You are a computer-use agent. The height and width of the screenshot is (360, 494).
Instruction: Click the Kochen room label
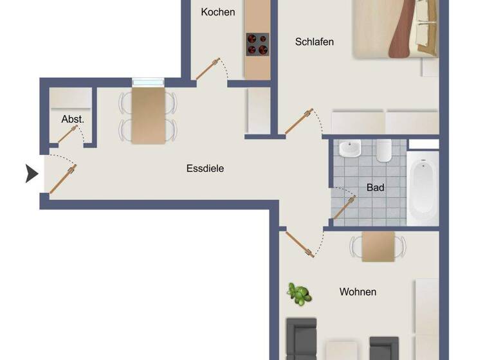click(217, 12)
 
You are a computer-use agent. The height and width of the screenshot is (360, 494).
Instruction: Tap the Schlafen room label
click(314, 42)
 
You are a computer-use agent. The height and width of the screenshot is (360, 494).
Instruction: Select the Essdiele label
click(205, 169)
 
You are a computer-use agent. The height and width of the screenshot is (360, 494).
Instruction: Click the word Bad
click(375, 188)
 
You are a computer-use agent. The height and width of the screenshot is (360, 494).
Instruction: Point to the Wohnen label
click(358, 292)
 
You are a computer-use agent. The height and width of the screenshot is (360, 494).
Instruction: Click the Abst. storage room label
click(72, 120)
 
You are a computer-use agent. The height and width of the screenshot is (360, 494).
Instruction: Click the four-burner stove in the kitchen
click(257, 44)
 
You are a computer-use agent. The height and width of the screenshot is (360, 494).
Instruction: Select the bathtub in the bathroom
click(423, 188)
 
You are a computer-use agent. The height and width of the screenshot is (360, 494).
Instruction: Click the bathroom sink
click(350, 150)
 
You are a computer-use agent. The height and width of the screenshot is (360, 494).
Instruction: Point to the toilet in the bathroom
click(384, 151)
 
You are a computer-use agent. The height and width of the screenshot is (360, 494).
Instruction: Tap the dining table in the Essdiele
click(148, 116)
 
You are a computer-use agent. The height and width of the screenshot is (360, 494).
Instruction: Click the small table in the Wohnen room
click(378, 246)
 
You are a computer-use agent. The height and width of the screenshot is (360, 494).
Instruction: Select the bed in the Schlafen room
click(396, 28)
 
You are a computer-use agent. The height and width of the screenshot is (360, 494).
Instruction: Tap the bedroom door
click(298, 122)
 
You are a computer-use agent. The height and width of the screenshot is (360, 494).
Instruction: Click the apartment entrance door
click(62, 179)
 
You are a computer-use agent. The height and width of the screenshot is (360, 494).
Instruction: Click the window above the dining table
click(148, 82)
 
